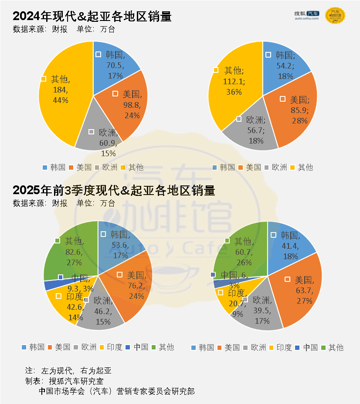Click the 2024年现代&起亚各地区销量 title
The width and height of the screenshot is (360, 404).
[92, 17]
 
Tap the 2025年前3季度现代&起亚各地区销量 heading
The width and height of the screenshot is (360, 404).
[114, 190]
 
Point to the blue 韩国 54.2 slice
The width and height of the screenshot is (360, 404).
[285, 65]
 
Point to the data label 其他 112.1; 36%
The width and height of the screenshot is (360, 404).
[234, 81]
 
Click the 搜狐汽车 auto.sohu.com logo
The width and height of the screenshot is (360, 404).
[306, 15]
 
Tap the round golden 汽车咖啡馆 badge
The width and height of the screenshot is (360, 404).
[335, 16]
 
